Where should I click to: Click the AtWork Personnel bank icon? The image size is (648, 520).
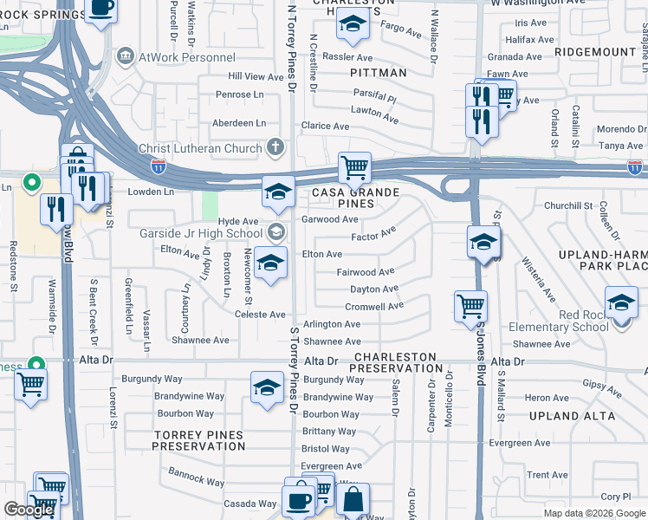tap(126, 56)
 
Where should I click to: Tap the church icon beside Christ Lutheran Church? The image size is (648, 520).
tap(275, 147)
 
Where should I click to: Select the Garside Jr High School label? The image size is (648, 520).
tap(201, 233)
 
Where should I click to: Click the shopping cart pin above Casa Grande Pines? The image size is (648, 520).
tap(353, 166)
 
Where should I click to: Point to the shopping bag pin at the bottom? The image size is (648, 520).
tap(353, 499)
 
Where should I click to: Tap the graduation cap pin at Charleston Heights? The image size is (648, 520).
tap(352, 28)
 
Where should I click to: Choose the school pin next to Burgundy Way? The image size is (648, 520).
tap(267, 387)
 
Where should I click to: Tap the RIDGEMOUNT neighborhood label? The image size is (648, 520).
tap(596, 52)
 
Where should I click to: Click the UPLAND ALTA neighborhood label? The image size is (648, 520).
tap(573, 416)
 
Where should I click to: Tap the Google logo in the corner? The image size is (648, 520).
tap(29, 510)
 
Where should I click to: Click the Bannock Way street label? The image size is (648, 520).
tap(197, 478)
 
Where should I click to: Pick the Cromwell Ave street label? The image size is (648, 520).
tap(374, 306)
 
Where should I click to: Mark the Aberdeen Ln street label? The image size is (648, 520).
tap(240, 123)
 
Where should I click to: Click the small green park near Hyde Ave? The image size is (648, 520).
tap(209, 205)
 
